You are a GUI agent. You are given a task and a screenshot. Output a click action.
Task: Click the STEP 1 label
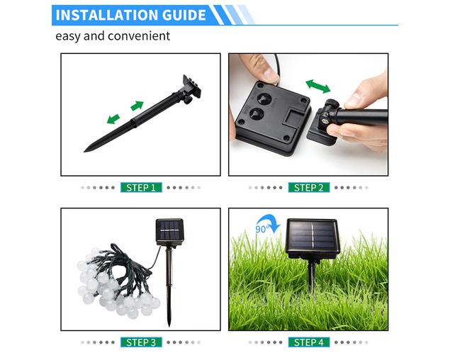(141, 188)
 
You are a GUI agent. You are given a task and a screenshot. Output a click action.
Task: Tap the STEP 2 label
(309, 188)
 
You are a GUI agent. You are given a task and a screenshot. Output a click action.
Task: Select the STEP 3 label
(141, 342)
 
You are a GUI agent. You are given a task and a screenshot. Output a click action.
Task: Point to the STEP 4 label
(309, 342)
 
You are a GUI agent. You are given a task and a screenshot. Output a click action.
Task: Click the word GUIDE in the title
(184, 15)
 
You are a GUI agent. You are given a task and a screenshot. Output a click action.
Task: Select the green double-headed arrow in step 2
(318, 86)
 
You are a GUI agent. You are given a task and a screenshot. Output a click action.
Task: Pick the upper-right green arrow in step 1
(137, 106)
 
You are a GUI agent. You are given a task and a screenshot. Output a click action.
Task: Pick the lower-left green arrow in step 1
(113, 119)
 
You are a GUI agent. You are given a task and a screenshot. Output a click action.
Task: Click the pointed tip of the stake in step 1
(84, 151)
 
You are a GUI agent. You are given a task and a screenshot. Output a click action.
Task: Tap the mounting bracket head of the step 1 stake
(191, 87)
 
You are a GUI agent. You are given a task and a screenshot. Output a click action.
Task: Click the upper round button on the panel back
(264, 99)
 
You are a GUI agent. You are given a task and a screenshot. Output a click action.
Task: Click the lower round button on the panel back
(255, 114)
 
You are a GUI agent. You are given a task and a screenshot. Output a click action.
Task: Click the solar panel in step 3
(169, 232)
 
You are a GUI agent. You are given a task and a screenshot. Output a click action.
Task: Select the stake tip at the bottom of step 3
(169, 326)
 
